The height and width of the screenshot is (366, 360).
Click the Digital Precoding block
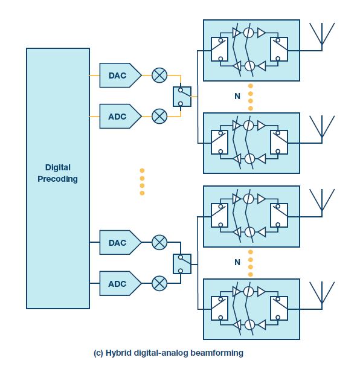point(58,179)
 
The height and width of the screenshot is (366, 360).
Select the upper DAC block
point(120,75)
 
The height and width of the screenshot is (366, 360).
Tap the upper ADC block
point(120,116)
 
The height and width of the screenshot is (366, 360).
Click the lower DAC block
point(120,242)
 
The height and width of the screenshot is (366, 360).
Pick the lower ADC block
point(120,283)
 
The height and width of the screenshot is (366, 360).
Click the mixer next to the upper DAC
point(159,75)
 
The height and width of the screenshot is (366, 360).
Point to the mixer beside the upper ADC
point(159,116)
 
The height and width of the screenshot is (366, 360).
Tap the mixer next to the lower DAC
point(159,242)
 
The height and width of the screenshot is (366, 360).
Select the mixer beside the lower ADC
point(159,283)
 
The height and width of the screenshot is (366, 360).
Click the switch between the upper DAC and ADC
point(182,97)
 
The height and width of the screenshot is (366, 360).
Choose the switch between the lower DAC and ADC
point(182,264)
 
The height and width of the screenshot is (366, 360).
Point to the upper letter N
point(237,96)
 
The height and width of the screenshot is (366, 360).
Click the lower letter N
point(237,262)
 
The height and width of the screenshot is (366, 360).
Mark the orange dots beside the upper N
point(251,97)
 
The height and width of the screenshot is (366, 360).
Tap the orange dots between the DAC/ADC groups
point(142,182)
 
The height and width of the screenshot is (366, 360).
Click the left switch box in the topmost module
point(219,50)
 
